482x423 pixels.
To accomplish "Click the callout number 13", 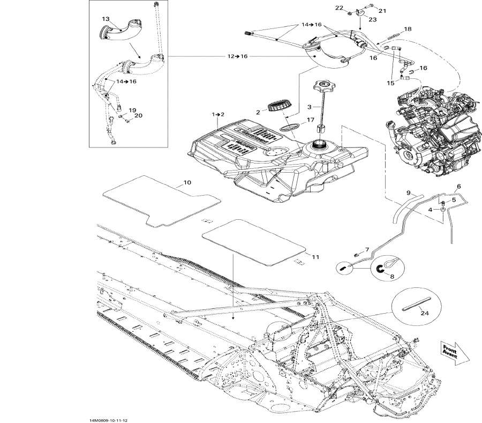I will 106,19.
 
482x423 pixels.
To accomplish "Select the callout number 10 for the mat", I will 187,183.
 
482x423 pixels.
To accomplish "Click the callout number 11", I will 315,257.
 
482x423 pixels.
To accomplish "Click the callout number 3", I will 309,107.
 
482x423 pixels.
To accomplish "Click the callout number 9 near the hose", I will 408,192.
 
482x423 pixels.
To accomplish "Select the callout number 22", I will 339,8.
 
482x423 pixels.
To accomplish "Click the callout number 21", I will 382,10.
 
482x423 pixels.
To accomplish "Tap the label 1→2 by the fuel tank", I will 217,114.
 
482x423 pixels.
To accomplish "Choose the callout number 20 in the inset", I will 138,115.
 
